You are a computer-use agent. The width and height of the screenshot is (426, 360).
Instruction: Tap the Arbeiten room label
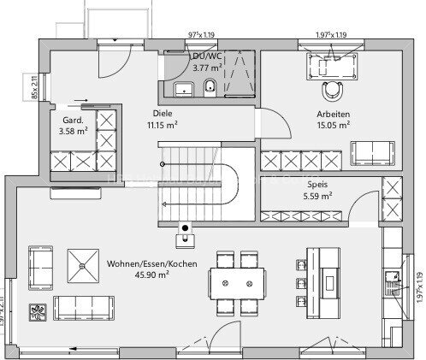coord(333,113)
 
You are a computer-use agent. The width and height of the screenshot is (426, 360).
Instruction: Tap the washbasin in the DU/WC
coord(181,88)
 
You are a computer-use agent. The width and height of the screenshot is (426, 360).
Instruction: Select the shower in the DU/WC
coord(239,74)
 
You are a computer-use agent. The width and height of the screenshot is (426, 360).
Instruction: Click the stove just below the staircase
coord(182,228)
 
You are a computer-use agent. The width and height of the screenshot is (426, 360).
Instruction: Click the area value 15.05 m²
coord(333,124)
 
